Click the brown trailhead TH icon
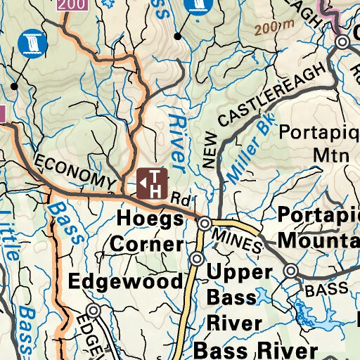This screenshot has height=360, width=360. tap(152, 182)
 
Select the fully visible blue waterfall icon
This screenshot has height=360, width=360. tap(31, 43)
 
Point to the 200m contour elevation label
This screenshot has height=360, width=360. tap(274, 29)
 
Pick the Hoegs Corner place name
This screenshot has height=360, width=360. tap(150, 229)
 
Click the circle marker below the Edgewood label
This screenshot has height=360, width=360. tap(94, 310)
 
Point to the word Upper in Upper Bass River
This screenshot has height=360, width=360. tap(239, 272)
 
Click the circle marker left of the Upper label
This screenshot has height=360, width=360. tap(196, 260)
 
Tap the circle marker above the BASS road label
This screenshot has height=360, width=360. tap(291, 270)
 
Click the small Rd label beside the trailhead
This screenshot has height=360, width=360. tap(181, 200)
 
